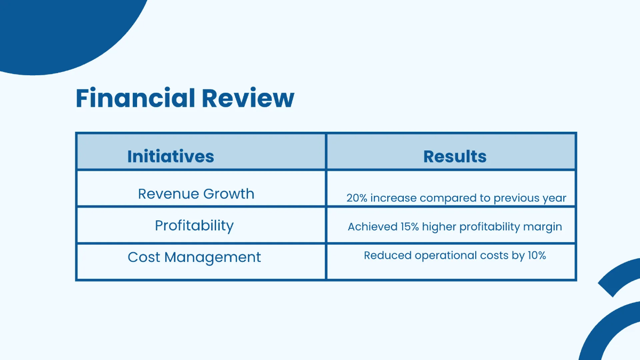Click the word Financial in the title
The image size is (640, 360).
click(x=135, y=98)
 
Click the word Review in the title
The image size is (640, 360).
click(x=248, y=98)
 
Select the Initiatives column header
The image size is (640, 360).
click(x=171, y=156)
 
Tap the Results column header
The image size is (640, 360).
click(x=455, y=156)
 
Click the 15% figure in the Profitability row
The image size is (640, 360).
click(x=410, y=227)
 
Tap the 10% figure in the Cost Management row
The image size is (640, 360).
click(x=537, y=255)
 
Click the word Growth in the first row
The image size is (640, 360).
click(x=229, y=194)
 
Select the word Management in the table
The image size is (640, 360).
click(x=213, y=258)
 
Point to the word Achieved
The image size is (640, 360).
click(x=373, y=227)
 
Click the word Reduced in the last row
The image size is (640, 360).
click(x=388, y=255)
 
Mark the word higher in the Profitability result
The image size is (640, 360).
click(x=439, y=227)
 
